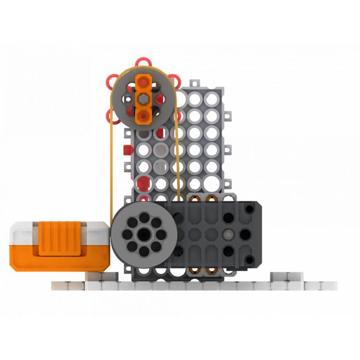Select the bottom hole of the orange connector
pyautogui.click(x=143, y=114)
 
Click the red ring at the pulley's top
pyautogui.click(x=141, y=62)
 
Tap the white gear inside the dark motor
pyautogui.click(x=228, y=236)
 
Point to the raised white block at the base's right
pyautogui.click(x=287, y=277)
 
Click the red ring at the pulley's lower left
pyautogui.click(x=111, y=115)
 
